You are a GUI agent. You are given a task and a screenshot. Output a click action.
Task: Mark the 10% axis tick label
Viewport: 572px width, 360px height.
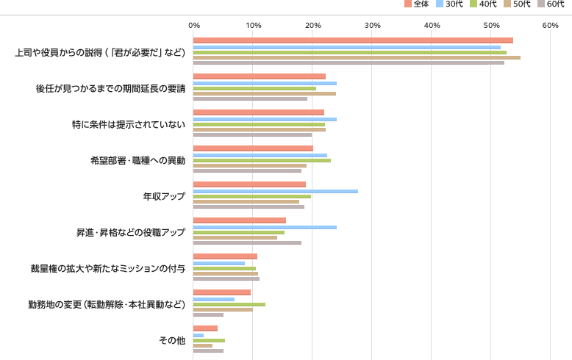[x=254, y=26]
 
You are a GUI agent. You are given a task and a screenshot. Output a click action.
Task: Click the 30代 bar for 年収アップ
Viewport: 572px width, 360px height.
[x=276, y=191]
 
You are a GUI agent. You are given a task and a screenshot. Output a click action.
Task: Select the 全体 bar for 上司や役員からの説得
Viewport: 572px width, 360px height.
[x=353, y=40]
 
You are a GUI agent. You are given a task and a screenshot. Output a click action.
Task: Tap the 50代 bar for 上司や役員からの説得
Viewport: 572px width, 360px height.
[x=357, y=57]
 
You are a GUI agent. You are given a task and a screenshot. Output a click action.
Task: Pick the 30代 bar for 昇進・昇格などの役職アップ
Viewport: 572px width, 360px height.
[x=265, y=227]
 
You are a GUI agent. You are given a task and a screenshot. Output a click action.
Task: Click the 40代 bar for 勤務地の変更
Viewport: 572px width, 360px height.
[x=229, y=304]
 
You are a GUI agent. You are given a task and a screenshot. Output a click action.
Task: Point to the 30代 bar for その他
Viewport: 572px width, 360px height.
[x=199, y=335]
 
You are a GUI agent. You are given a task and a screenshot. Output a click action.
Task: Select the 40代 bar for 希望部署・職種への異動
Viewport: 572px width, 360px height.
[x=262, y=160]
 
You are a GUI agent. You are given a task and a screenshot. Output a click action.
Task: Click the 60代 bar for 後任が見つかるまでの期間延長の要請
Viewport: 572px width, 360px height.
[x=250, y=99]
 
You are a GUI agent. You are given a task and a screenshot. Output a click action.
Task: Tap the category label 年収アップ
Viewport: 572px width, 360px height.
[x=164, y=196]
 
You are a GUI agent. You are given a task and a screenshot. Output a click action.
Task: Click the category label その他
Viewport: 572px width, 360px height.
[x=172, y=340]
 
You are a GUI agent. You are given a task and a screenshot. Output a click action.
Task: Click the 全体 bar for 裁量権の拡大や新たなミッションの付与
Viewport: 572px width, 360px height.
[x=225, y=256]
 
